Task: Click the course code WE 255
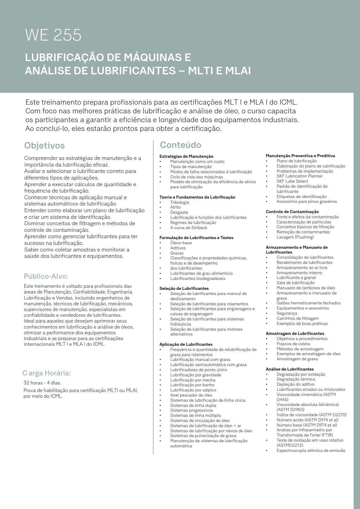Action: click(x=53, y=35)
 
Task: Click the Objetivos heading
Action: click(x=44, y=146)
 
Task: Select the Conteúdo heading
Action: click(x=180, y=145)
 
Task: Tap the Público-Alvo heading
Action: click(x=46, y=276)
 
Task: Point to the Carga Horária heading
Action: click(x=47, y=373)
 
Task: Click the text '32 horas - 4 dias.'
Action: click(x=42, y=383)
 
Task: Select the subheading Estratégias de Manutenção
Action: click(x=186, y=156)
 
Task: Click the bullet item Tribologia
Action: click(x=180, y=202)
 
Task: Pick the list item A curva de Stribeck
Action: click(x=189, y=228)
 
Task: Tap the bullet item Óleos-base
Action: click(x=181, y=243)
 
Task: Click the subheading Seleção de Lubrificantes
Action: click(x=184, y=288)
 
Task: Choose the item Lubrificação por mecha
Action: click(x=193, y=380)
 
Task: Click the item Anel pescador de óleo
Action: click(x=191, y=395)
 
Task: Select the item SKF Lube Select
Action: click(x=292, y=181)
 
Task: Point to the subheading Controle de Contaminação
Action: click(x=292, y=212)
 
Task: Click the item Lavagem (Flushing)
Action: click(x=295, y=237)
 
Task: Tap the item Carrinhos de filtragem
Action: click(x=297, y=318)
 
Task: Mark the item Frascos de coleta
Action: click(x=293, y=344)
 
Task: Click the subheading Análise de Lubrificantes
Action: click(x=290, y=369)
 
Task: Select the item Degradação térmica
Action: click(x=296, y=379)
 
